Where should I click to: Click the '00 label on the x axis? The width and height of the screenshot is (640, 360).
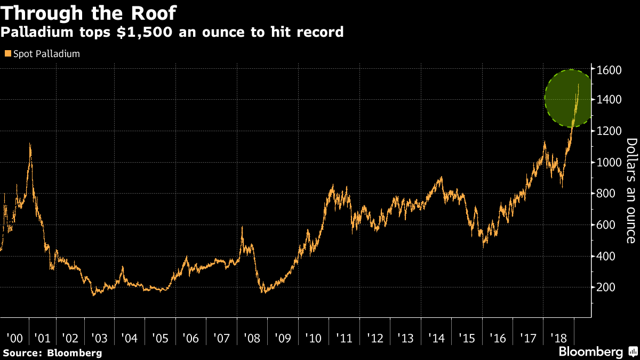point(14,339)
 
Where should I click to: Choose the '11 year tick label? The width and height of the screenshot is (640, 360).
point(344,339)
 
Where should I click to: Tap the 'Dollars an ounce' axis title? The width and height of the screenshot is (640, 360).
point(631,190)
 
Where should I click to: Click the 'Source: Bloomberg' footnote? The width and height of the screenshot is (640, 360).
point(52,353)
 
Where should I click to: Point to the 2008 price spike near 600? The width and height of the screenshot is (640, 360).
point(242,228)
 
